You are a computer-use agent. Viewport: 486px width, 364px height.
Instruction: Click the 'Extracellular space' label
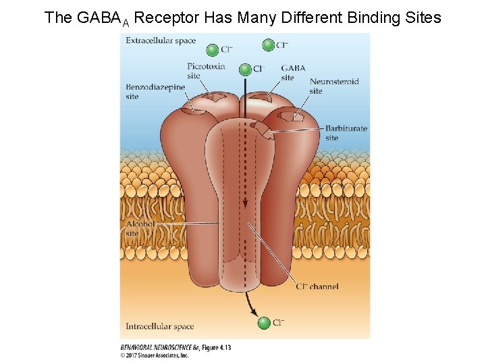click(161, 40)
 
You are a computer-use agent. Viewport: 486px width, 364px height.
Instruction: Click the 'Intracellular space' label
click(160, 327)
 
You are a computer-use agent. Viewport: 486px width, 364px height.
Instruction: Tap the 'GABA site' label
click(293, 73)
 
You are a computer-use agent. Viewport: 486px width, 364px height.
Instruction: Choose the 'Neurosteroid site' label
click(333, 86)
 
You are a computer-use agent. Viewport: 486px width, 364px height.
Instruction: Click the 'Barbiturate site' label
click(346, 133)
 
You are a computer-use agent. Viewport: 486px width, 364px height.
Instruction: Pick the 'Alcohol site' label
click(140, 229)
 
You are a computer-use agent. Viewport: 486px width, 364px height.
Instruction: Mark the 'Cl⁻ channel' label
click(317, 286)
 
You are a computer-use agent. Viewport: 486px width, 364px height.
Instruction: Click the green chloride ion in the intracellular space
click(264, 323)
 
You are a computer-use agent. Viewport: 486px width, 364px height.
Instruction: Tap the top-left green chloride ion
click(212, 49)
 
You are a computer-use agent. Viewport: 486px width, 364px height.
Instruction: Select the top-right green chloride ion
click(268, 45)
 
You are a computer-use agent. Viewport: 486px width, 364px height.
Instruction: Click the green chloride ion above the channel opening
click(245, 69)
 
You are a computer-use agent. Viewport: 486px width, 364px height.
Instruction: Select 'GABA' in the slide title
click(99, 18)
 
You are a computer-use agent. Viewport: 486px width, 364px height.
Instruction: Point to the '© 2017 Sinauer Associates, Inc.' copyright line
click(155, 355)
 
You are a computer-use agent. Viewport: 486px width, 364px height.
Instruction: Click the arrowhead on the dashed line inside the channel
click(246, 202)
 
